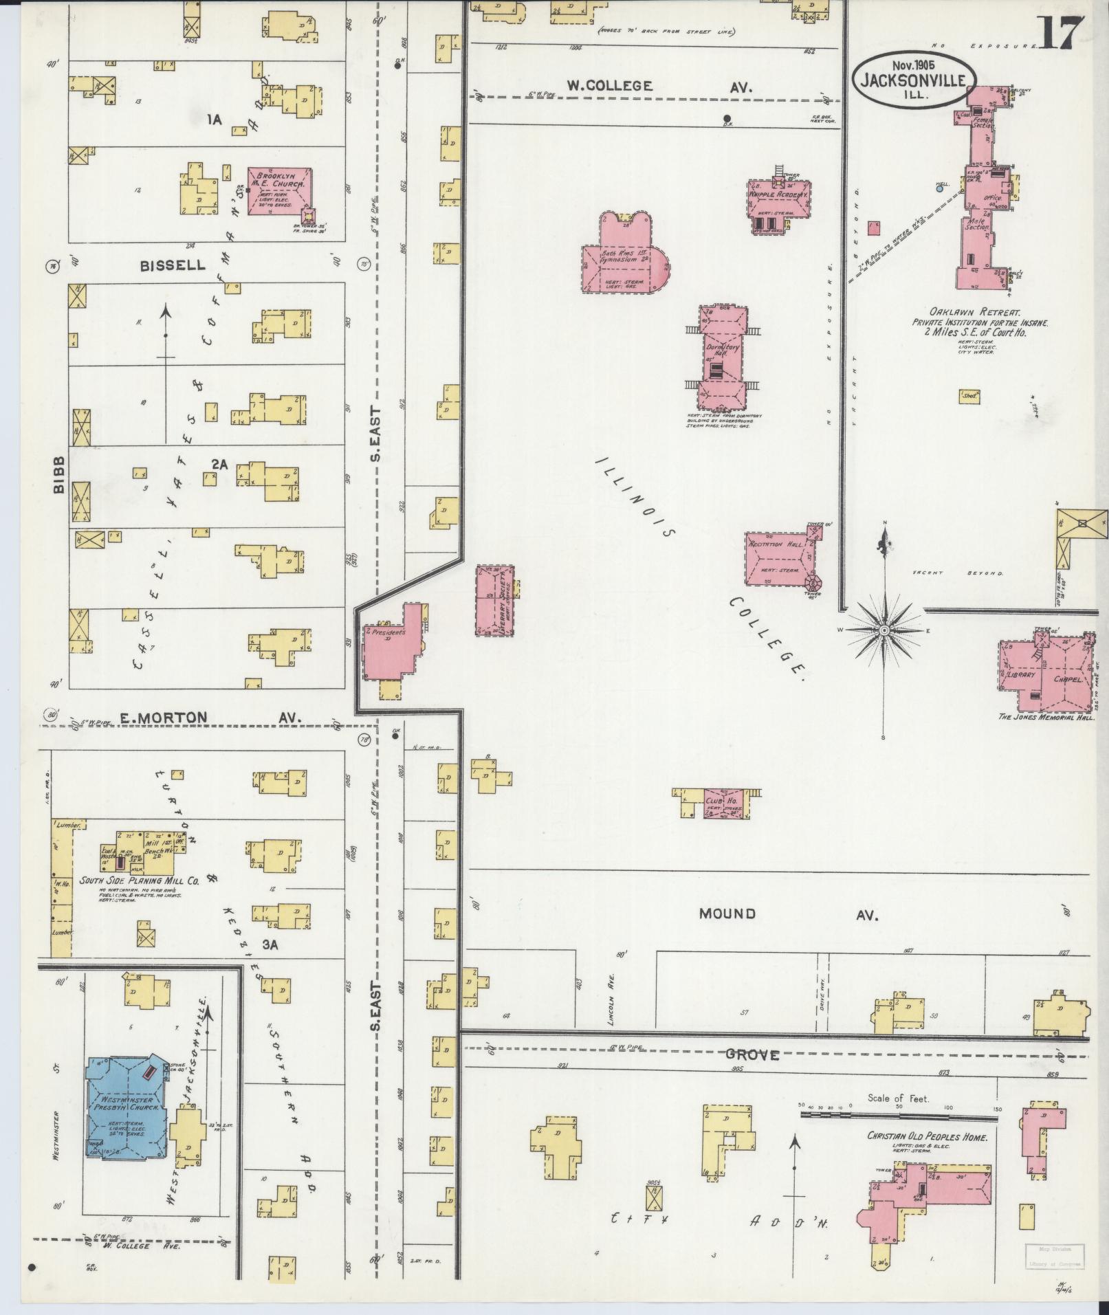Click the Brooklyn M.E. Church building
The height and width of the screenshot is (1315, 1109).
tap(278, 192)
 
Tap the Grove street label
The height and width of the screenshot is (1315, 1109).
tap(753, 1054)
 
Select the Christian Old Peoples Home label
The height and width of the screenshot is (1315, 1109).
tap(926, 1138)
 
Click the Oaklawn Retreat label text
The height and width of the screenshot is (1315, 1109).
tap(980, 312)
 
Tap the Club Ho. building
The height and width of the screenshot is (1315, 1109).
tap(722, 802)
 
